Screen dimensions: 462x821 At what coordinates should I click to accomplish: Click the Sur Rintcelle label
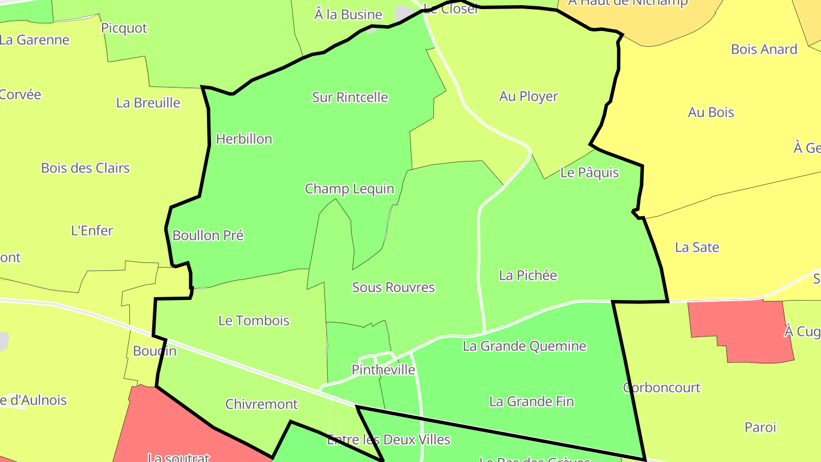point(350,98)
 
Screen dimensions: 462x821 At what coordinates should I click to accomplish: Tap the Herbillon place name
point(244,139)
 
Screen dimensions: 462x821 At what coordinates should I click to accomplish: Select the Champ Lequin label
point(349,189)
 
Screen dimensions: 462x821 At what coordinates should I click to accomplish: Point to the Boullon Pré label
point(208,236)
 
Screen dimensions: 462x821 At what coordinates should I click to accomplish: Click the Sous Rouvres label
point(393,287)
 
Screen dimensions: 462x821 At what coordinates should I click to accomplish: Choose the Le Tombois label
point(254,321)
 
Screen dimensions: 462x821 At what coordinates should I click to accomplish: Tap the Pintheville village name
point(383,370)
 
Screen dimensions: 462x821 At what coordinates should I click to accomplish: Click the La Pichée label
point(528,275)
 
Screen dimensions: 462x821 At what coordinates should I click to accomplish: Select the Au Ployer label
point(529,96)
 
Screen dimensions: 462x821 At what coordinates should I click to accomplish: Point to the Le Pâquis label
point(590,172)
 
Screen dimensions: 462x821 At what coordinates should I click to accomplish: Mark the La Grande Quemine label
point(525,346)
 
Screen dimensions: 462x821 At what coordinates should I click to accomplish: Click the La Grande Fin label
point(531,402)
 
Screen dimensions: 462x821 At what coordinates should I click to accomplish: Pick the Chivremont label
point(262,404)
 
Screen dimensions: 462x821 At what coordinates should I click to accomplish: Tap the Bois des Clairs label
point(86,168)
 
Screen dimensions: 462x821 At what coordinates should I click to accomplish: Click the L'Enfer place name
point(92,231)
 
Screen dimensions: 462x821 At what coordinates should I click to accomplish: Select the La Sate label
point(697,248)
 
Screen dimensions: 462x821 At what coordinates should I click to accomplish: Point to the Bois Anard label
point(764,50)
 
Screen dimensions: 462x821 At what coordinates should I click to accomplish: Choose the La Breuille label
point(148,103)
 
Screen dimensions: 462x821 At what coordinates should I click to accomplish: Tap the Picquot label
point(124,28)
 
